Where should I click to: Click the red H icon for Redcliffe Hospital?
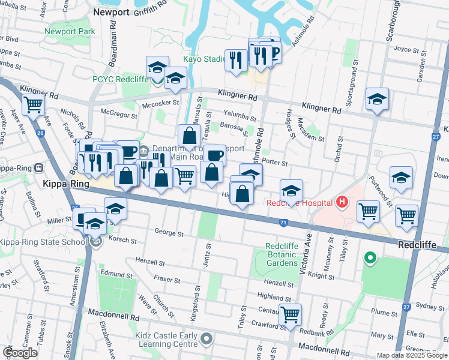coord(342,203)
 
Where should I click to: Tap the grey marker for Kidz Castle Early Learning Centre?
coord(207,340)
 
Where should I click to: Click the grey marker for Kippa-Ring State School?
coord(97,242)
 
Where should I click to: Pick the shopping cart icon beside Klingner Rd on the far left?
coord(34,104)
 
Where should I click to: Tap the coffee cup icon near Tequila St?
coord(214,155)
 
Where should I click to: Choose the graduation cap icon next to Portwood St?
coord(401,177)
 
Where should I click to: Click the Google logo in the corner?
coord(20,353)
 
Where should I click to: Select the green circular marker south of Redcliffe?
coord(370,259)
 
